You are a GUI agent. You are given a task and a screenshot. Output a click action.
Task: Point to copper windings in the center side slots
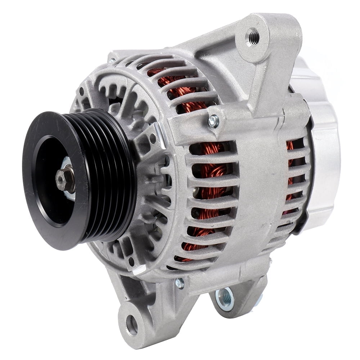click(212, 180)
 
